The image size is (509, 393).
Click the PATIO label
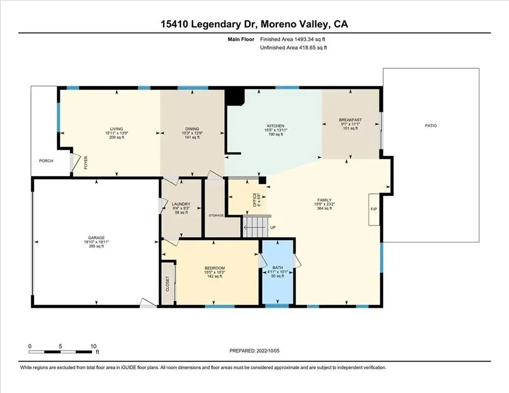[x=431, y=126]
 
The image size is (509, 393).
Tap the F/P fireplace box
[x=374, y=210]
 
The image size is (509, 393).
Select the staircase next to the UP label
[x=256, y=227]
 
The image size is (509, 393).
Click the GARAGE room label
[x=96, y=238]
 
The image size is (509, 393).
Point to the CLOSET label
[x=168, y=283]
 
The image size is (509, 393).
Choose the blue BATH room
[x=278, y=272]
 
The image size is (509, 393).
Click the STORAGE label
[x=216, y=215]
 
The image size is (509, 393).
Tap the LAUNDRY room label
[x=181, y=204]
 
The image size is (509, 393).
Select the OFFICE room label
[x=255, y=200]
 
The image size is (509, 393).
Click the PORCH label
[x=46, y=161]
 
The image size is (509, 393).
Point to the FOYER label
[x=86, y=163]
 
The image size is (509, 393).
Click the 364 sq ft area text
[x=324, y=209]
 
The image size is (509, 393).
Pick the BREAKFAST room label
[x=350, y=120]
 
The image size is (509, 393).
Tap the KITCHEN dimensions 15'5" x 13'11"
[x=276, y=130]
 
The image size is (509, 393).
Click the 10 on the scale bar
[x=93, y=346]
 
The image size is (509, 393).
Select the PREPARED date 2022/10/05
[x=268, y=351]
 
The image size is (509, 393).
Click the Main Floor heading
[x=241, y=39]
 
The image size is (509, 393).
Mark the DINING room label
[x=192, y=129]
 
